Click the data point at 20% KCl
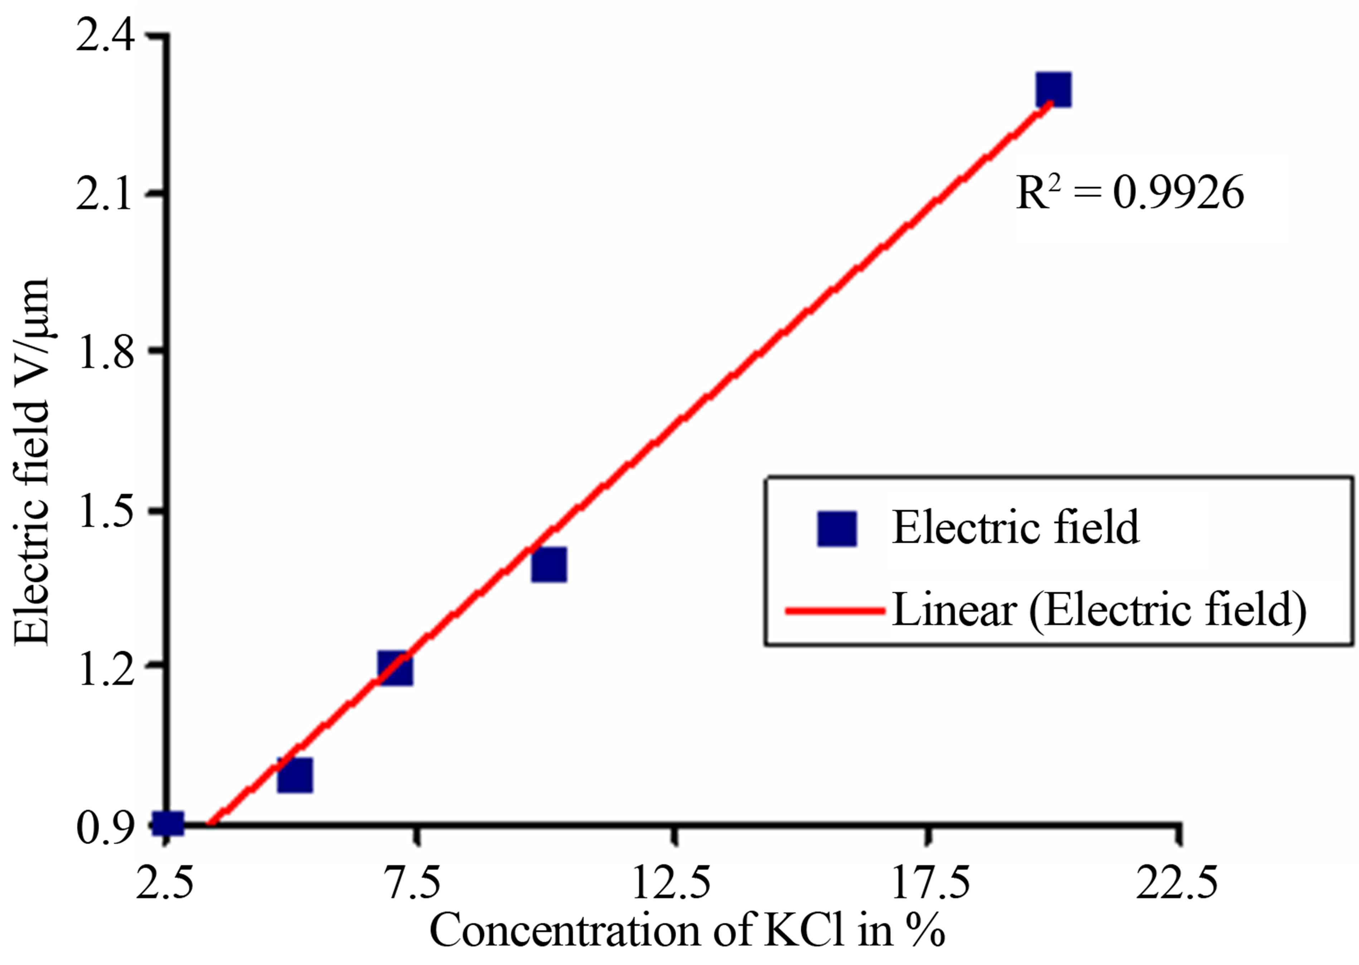tap(1053, 90)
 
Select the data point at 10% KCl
tap(549, 564)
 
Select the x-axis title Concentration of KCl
tap(686, 930)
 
